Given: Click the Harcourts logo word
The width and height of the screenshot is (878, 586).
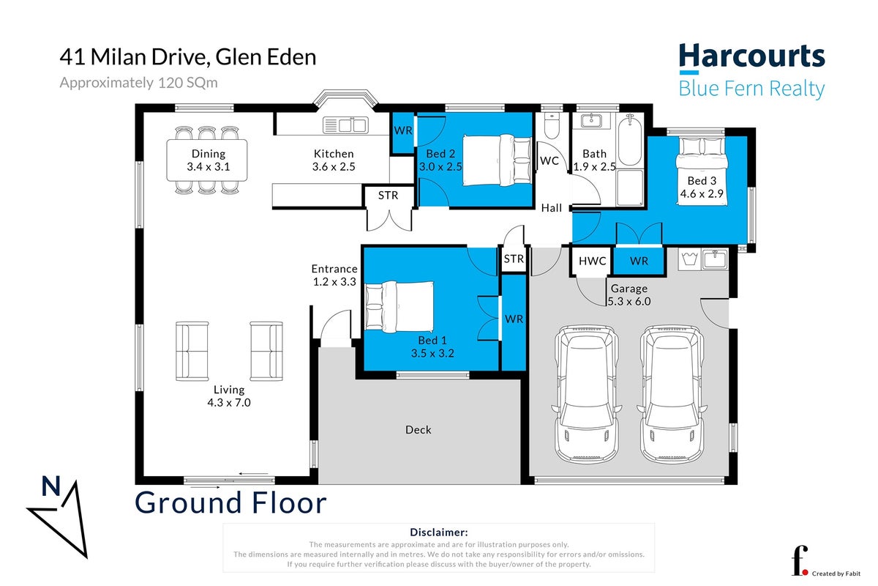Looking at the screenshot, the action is tap(752, 56).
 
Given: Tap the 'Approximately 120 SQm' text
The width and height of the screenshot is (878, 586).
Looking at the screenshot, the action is tap(138, 83).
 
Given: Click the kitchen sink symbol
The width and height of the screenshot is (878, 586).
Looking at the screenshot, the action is tap(345, 125).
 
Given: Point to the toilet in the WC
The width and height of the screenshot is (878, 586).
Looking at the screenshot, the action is tap(552, 126).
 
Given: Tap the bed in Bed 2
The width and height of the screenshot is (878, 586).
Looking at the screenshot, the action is tap(497, 160).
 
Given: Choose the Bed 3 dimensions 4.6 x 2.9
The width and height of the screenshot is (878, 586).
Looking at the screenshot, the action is tap(701, 193).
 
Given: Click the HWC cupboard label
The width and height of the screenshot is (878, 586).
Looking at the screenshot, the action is tap(592, 261).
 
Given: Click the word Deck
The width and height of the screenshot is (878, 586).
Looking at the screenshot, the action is tap(419, 430).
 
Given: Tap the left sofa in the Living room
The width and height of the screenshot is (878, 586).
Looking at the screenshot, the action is tap(192, 352).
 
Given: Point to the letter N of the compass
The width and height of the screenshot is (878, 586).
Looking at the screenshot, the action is tap(51, 486).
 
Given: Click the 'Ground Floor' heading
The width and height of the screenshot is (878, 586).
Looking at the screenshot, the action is tap(230, 502).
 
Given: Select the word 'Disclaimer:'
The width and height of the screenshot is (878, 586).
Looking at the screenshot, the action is tap(438, 533).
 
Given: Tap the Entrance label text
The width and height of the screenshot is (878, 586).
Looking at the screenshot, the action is tap(334, 269).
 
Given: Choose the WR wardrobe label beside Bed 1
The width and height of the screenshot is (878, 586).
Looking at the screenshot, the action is tap(514, 319).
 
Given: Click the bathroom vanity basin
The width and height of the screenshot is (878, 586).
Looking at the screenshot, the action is tap(591, 120).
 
